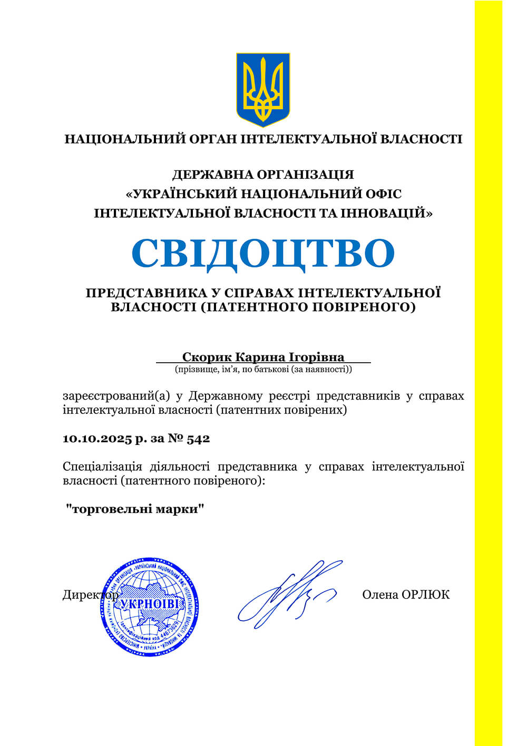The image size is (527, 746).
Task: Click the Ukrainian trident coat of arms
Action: click(263, 89)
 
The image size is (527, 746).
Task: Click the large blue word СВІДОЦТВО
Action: click(263, 254)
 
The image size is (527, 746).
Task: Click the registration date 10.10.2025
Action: click(97, 439)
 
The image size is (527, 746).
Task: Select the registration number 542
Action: click(198, 439)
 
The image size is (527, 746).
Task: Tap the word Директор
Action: click(84, 595)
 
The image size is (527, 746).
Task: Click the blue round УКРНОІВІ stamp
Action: click(150, 609)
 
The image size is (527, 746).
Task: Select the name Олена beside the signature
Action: click(380, 595)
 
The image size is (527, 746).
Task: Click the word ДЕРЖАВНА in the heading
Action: click(212, 175)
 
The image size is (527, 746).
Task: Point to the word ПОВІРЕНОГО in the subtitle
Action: click(364, 307)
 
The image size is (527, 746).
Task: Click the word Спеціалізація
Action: click(102, 467)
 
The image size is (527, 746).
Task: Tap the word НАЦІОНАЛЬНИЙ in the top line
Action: click(125, 140)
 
